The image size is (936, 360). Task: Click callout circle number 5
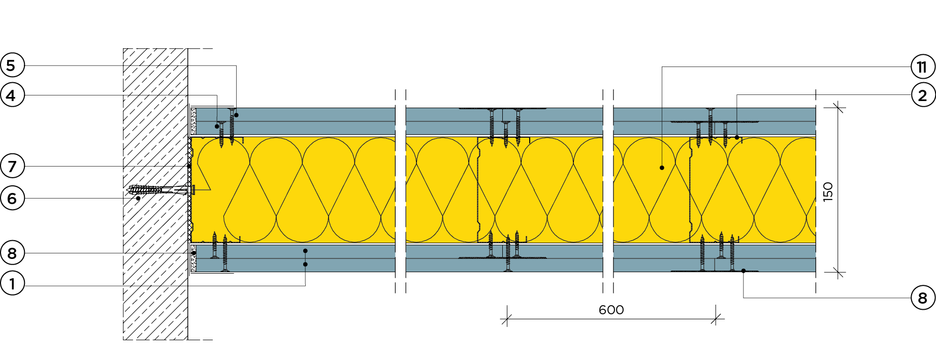click(x=12, y=66)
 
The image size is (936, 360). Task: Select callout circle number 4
click(x=12, y=95)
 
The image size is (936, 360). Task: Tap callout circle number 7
click(x=12, y=166)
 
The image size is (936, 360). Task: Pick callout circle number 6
click(x=12, y=198)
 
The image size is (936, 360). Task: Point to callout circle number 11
click(x=922, y=67)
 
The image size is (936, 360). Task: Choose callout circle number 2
click(x=922, y=95)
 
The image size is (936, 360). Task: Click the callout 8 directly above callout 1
click(x=12, y=253)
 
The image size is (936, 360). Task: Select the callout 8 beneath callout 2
click(x=922, y=298)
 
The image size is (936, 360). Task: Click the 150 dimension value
click(x=828, y=192)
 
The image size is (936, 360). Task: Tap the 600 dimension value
click(x=611, y=310)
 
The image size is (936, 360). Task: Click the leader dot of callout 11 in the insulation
click(x=662, y=168)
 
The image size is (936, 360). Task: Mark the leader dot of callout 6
click(x=138, y=198)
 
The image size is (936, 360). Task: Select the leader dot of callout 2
click(x=737, y=137)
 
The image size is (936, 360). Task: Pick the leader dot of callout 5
click(x=236, y=115)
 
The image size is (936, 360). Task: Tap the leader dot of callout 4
click(x=217, y=126)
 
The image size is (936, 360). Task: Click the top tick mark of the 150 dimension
click(x=838, y=107)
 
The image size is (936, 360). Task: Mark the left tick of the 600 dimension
click(x=507, y=319)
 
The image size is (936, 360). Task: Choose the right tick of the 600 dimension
click(x=716, y=319)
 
